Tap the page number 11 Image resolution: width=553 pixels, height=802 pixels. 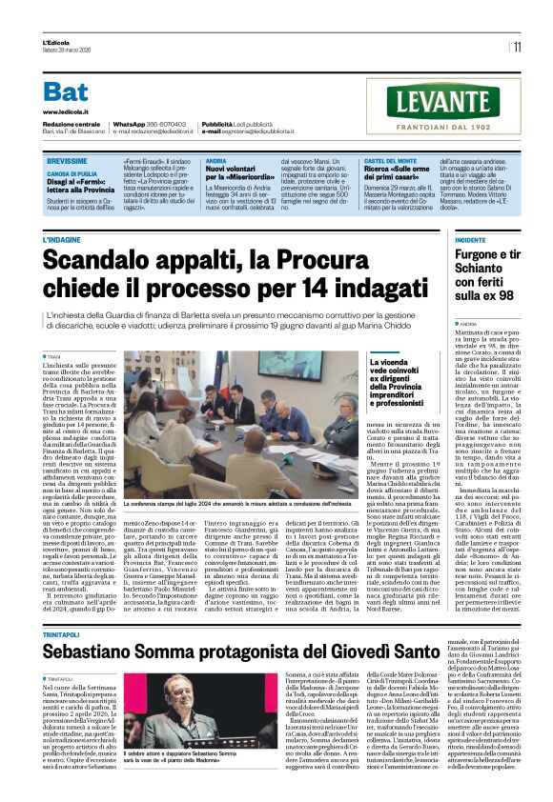click(x=517, y=46)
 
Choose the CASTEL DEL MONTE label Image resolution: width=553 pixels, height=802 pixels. click(x=390, y=163)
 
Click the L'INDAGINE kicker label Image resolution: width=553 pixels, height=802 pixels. click(x=62, y=239)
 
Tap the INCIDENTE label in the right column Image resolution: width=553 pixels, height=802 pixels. click(x=471, y=240)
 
